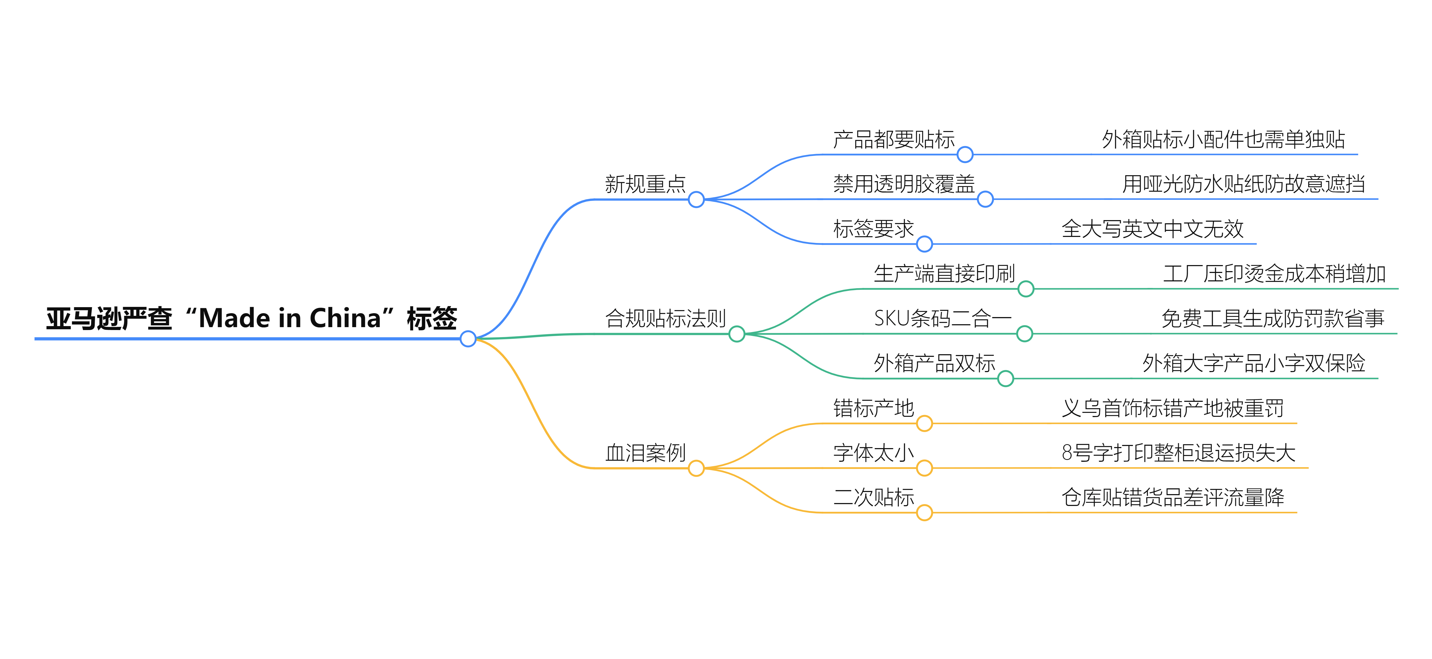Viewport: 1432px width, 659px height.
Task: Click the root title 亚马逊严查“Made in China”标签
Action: pos(251,319)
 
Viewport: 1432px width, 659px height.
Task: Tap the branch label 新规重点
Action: pos(645,184)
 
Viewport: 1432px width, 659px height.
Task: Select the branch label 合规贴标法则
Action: pos(666,319)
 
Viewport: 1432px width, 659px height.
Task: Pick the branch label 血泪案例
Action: pos(645,453)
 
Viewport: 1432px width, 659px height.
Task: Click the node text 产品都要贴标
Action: pos(893,140)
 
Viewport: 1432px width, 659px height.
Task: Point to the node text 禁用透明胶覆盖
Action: pos(904,184)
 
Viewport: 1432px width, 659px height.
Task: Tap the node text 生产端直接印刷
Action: pos(944,273)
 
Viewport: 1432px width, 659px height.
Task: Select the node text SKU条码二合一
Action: pos(942,319)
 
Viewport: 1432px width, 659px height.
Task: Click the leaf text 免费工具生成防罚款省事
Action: pos(1272,319)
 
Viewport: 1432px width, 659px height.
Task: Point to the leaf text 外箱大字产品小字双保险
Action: pos(1253,363)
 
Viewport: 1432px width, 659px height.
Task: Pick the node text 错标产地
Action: pos(873,408)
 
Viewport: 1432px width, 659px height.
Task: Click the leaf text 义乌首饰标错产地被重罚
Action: pos(1172,408)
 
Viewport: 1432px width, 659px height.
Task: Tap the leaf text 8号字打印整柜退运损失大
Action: pos(1178,453)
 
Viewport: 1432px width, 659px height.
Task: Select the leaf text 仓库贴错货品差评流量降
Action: pos(1172,497)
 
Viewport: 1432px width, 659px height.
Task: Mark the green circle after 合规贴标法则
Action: pos(737,334)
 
